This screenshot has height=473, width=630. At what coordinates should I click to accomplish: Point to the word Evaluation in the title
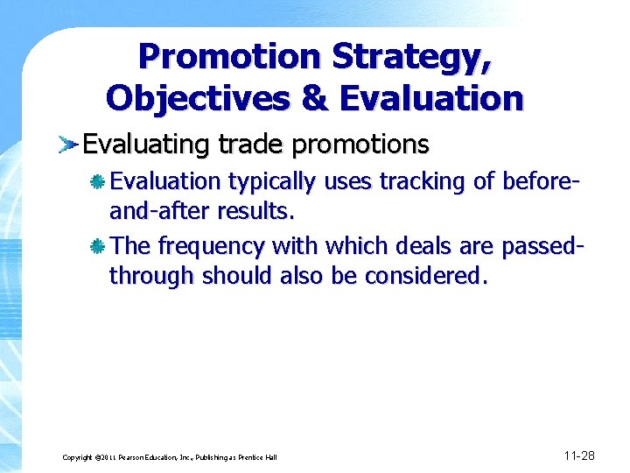(x=431, y=97)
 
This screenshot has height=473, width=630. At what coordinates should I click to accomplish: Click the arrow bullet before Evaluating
(x=69, y=144)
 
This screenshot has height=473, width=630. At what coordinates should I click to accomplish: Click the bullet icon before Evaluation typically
(x=99, y=181)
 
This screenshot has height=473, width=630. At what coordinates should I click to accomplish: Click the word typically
(x=274, y=182)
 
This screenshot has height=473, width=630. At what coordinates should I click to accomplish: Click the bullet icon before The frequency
(x=99, y=246)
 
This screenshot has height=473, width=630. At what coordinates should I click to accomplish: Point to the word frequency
(x=211, y=247)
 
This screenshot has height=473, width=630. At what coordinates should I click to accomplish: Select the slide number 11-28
(x=579, y=455)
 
